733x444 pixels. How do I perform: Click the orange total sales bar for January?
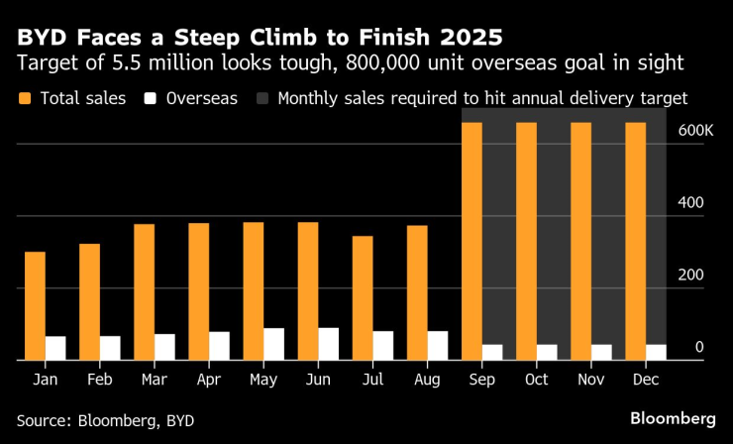coord(35,306)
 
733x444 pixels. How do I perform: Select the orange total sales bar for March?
coord(145,292)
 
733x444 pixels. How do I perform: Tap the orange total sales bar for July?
coord(363,298)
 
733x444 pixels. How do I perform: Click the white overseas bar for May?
coord(274,344)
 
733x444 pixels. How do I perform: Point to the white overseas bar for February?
coord(111,348)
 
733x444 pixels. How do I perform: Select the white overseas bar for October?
coord(547,352)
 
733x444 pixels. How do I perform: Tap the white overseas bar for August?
coord(438,346)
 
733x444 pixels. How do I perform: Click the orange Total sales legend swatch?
coord(24,99)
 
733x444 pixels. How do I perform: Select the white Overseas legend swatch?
coord(152,99)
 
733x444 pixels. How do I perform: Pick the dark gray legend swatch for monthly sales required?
coord(263,99)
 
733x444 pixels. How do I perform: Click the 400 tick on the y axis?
coord(690,202)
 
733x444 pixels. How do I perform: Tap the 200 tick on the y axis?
coord(690,275)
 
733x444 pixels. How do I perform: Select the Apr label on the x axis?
coord(209,380)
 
